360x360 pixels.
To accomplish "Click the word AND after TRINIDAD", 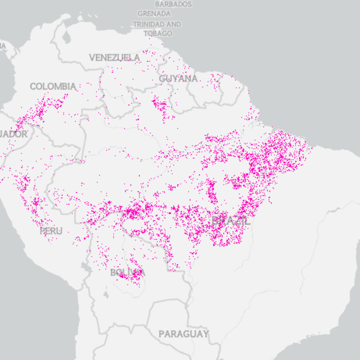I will tap(173, 25).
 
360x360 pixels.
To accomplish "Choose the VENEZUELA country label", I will tap(115, 58).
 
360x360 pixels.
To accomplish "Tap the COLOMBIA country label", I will tap(53, 86).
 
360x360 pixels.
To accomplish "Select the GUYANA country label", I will tap(178, 79).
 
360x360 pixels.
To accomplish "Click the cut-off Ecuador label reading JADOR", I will tap(13, 134).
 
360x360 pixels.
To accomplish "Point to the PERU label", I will tap(50, 230).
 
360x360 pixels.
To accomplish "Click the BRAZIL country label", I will tap(231, 221).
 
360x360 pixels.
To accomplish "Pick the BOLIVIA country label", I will tap(127, 274).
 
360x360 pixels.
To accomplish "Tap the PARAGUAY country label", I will tap(184, 334).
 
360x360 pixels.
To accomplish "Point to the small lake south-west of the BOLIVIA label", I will tap(107, 295).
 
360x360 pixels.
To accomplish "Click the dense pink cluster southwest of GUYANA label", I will tap(160, 106).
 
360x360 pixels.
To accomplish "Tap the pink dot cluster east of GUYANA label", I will tap(215, 78).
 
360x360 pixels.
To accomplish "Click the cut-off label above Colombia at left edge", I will tap(2, 45).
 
